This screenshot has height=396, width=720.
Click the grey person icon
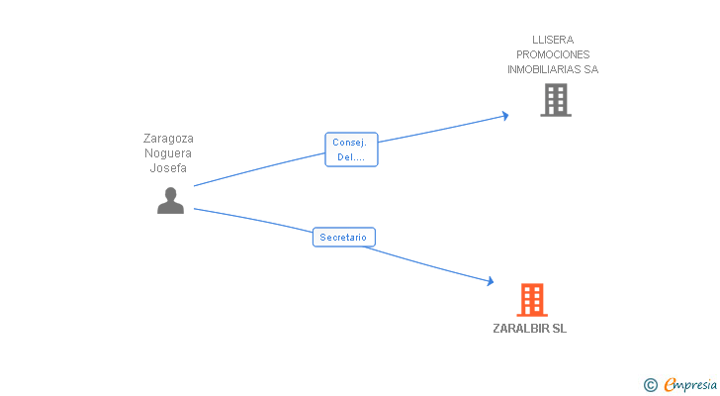(170, 200)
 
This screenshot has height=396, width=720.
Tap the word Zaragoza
(168, 139)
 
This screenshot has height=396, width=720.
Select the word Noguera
(168, 153)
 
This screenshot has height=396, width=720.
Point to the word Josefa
(168, 167)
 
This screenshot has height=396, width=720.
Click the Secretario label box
(344, 237)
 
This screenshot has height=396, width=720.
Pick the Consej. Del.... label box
(351, 149)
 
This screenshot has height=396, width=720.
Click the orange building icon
(532, 300)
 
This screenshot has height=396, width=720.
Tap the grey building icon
(556, 100)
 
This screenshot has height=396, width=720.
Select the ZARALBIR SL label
(529, 329)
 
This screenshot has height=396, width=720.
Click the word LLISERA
(553, 40)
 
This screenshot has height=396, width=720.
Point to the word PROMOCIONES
(553, 54)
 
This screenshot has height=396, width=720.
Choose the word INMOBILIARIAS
(544, 69)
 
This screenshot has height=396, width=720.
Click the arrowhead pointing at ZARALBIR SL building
(491, 281)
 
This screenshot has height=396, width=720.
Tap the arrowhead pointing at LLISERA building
(505, 116)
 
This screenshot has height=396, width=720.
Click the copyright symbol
(650, 385)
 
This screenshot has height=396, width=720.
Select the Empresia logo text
(690, 384)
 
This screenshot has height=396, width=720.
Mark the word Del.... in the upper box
(351, 157)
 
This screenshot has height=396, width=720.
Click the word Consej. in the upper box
(349, 143)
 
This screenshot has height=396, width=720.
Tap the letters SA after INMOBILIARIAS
(591, 69)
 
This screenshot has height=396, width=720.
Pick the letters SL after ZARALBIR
(560, 329)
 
